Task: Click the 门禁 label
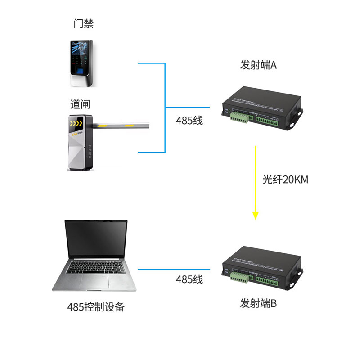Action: [x=83, y=24]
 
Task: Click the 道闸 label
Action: [x=80, y=104]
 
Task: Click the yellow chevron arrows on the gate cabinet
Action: [x=76, y=121]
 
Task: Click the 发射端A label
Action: [x=258, y=65]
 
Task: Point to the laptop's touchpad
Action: [x=94, y=283]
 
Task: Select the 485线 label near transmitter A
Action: [x=189, y=121]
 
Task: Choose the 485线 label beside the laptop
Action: [x=189, y=279]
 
